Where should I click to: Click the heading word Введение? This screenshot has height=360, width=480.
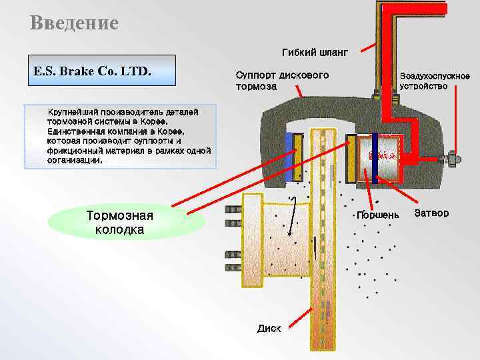(74, 24)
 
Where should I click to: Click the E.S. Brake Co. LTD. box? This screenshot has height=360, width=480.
(99, 71)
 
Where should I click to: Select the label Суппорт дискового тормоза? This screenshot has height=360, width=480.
(282, 81)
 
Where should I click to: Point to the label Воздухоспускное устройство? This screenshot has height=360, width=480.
(435, 81)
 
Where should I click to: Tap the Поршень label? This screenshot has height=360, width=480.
(378, 215)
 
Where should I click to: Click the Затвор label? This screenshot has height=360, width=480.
(431, 213)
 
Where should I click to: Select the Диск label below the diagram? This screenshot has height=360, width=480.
(269, 328)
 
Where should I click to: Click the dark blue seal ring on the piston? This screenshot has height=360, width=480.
(375, 158)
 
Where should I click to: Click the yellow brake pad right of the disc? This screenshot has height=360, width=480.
(351, 158)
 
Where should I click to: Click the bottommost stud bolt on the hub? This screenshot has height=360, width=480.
(233, 270)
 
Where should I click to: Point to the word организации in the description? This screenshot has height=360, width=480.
(75, 160)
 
